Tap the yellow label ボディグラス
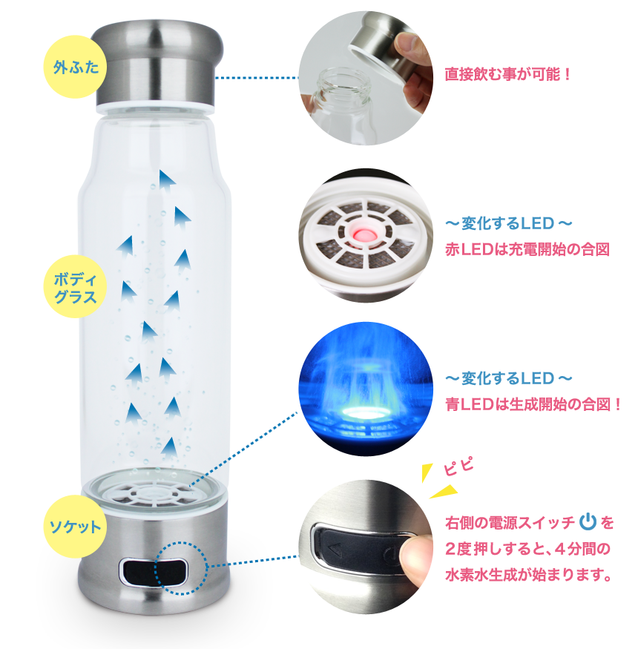[74, 289]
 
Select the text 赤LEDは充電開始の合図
[527, 249]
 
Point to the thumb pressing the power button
[415, 556]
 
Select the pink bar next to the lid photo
[507, 74]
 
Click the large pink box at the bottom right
[529, 549]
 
